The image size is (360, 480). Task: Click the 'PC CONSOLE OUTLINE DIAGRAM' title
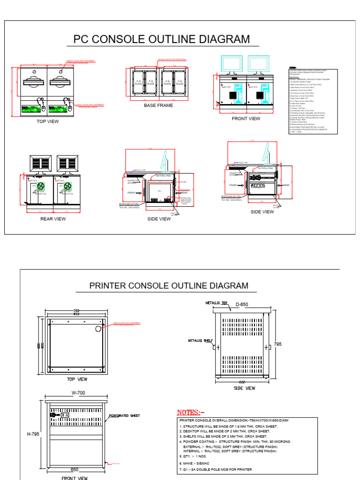click(162, 39)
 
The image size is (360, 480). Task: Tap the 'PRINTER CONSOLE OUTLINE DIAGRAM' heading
click(169, 285)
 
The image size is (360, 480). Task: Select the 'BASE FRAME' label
click(158, 105)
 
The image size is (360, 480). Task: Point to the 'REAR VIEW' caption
click(52, 219)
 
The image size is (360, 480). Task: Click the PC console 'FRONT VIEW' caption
click(246, 119)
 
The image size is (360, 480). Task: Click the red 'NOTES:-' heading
click(191, 412)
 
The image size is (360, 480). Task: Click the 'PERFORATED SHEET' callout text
click(124, 416)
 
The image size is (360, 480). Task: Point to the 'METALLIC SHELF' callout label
click(200, 340)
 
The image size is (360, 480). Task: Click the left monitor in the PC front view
click(231, 64)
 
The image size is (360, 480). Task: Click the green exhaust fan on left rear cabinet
click(41, 186)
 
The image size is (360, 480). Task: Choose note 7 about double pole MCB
click(216, 469)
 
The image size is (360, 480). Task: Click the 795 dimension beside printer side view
click(277, 344)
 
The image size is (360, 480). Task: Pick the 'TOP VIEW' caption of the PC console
click(48, 121)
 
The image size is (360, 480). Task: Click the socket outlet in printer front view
click(65, 415)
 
